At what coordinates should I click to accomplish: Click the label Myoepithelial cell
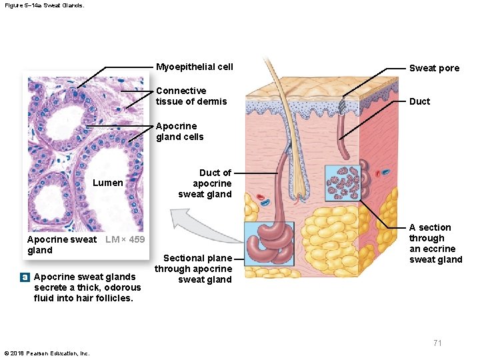coord(194,67)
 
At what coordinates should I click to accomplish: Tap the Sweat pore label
coord(434,68)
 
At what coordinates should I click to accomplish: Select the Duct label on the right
coord(419,101)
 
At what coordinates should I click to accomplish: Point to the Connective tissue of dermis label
coord(191,96)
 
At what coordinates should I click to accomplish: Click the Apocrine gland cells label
coord(180,131)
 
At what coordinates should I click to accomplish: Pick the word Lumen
coord(107,183)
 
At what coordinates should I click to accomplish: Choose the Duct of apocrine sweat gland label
coord(205,183)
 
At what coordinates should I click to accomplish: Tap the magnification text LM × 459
coord(125,239)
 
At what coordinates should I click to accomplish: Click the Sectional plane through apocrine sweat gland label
coord(194,269)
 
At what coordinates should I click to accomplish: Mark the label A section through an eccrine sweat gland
coord(435,243)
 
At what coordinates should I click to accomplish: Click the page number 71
coord(437,343)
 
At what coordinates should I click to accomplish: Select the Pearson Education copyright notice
coord(47,353)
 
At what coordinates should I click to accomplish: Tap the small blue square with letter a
coord(24,277)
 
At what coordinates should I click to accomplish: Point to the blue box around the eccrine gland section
coord(342,183)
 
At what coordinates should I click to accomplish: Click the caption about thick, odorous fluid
coord(87,287)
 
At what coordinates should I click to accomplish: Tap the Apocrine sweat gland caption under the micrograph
coord(61,245)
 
